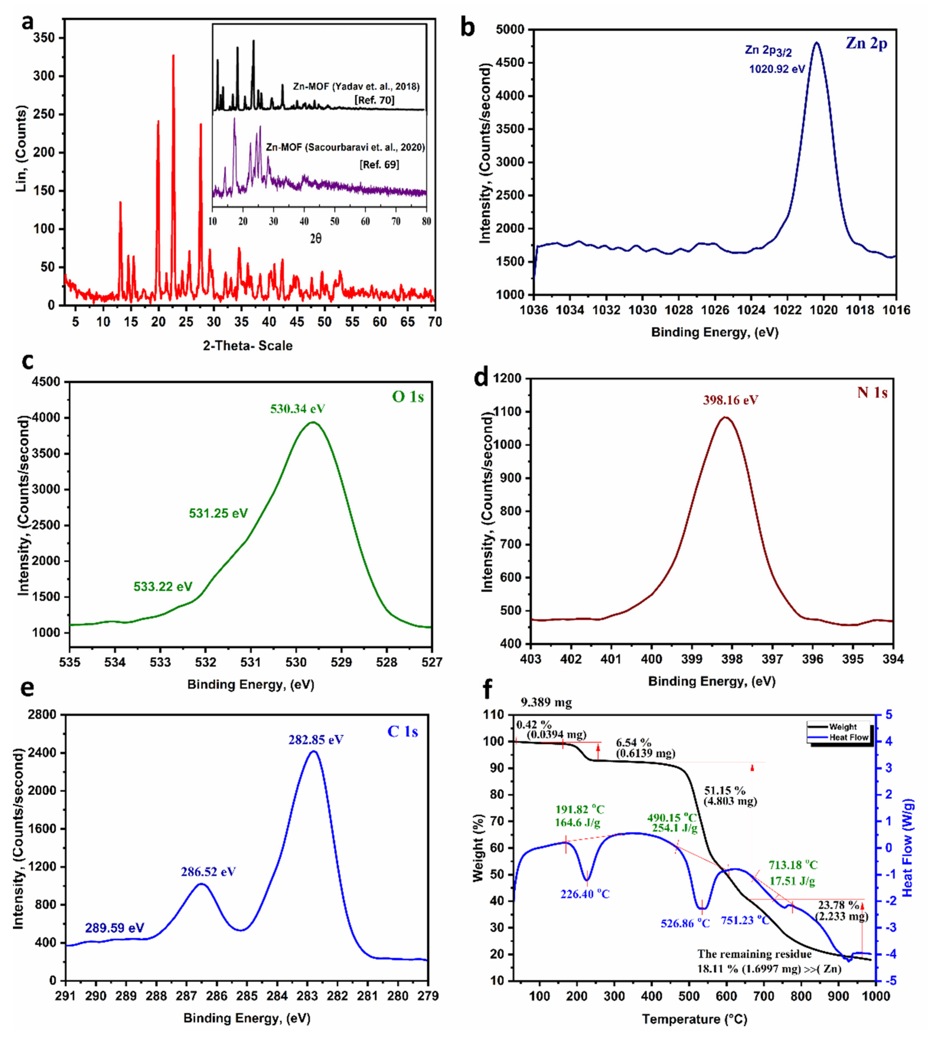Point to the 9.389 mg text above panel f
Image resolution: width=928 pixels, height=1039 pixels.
546,703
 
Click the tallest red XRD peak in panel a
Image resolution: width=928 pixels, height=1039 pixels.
173,56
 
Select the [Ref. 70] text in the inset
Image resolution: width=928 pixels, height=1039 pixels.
374,100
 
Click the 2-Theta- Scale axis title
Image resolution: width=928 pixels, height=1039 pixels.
248,346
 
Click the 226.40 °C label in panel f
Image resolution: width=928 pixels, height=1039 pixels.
585,894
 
